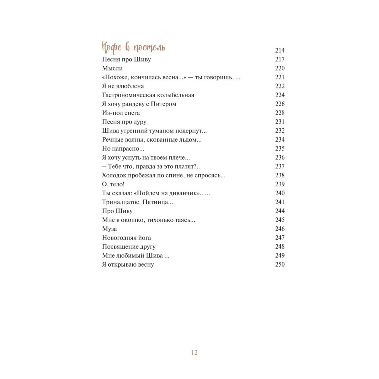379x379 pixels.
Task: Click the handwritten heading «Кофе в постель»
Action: click(133, 47)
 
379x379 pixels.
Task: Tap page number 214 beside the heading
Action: click(280, 51)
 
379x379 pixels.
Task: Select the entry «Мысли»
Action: click(112, 68)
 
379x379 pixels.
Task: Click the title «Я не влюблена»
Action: click(123, 86)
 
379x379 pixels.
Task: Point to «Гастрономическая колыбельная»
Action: click(148, 95)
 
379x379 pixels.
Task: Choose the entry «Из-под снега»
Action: click(121, 113)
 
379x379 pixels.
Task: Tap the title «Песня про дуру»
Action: click(124, 122)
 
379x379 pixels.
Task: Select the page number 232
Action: click(280, 131)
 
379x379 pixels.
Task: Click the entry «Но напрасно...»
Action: click(123, 149)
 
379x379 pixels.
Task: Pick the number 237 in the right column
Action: click(280, 166)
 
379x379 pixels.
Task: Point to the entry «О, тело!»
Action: click(113, 184)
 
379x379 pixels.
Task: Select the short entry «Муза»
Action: click(109, 229)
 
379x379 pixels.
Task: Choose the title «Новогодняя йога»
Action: click(126, 238)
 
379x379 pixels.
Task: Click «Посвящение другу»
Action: click(129, 247)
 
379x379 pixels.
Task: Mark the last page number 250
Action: click(280, 264)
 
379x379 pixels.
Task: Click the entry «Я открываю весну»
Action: click(128, 265)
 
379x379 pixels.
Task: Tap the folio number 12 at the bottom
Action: click(194, 352)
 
